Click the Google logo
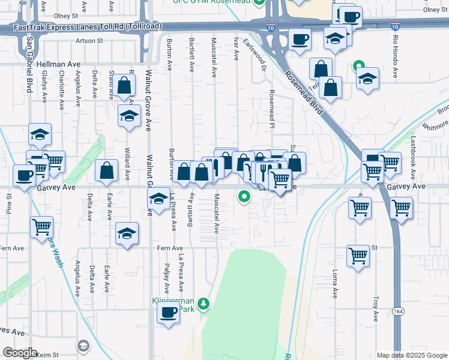click(20, 353)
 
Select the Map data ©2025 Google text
click(411, 355)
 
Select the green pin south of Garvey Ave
click(244, 196)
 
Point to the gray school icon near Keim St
click(83, 346)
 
